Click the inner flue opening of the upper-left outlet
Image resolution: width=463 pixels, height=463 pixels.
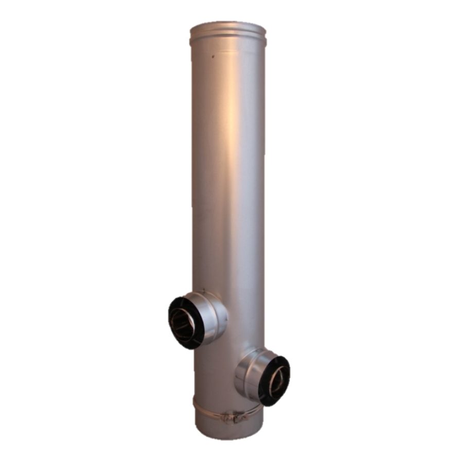click(183, 324)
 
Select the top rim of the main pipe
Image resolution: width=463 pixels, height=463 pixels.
click(228, 26)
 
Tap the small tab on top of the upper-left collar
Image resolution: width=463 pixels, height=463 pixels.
click(203, 291)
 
